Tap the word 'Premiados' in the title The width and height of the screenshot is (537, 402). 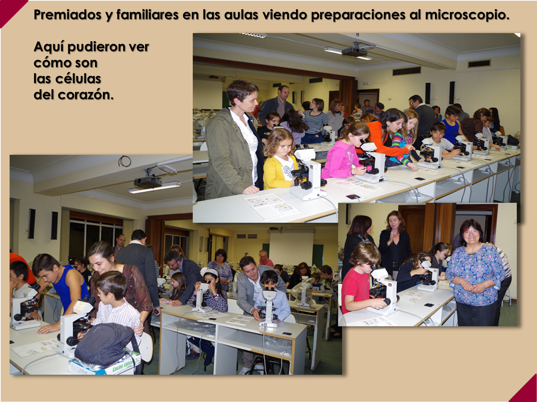click(x=68, y=15)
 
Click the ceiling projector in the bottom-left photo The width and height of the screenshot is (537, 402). click(x=148, y=181)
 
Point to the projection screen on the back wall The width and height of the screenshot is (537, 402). click(x=291, y=246)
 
